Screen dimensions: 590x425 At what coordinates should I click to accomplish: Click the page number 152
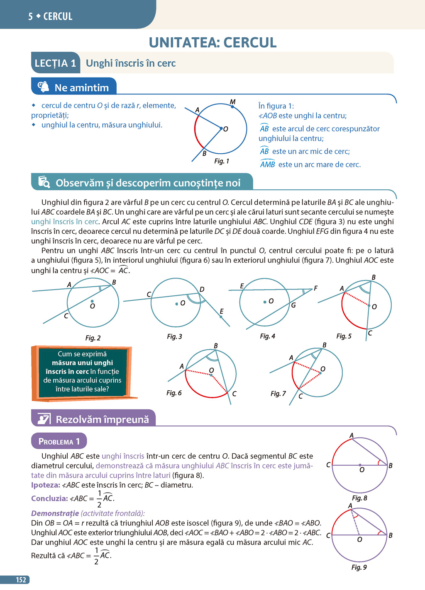point(21,580)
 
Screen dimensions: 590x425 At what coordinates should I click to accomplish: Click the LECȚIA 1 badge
point(55,63)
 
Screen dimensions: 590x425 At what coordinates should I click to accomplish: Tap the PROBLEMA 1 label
point(59,441)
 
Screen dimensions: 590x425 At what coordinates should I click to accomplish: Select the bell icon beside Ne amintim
point(43,87)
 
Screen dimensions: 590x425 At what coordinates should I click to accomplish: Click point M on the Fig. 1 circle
point(232,106)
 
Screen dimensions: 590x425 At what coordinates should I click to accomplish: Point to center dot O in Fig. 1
point(221,128)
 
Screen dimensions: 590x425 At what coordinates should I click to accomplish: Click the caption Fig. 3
point(174,336)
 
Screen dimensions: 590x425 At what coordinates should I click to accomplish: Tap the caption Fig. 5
point(344,336)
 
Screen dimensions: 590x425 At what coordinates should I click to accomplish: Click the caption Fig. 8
point(359,498)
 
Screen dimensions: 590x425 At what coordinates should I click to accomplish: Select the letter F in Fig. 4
point(316,288)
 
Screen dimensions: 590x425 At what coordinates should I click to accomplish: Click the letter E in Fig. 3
point(222,311)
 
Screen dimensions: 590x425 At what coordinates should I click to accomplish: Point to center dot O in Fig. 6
point(211,375)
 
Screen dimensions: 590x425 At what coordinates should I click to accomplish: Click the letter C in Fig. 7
point(300,397)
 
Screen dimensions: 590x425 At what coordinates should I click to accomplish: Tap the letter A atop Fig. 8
point(352,435)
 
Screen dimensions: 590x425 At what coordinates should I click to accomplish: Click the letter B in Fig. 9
point(391,535)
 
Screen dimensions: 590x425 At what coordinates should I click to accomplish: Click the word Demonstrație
point(55,513)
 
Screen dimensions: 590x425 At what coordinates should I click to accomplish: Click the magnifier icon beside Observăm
point(44,182)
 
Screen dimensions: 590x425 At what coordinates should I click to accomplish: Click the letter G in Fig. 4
point(293,305)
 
